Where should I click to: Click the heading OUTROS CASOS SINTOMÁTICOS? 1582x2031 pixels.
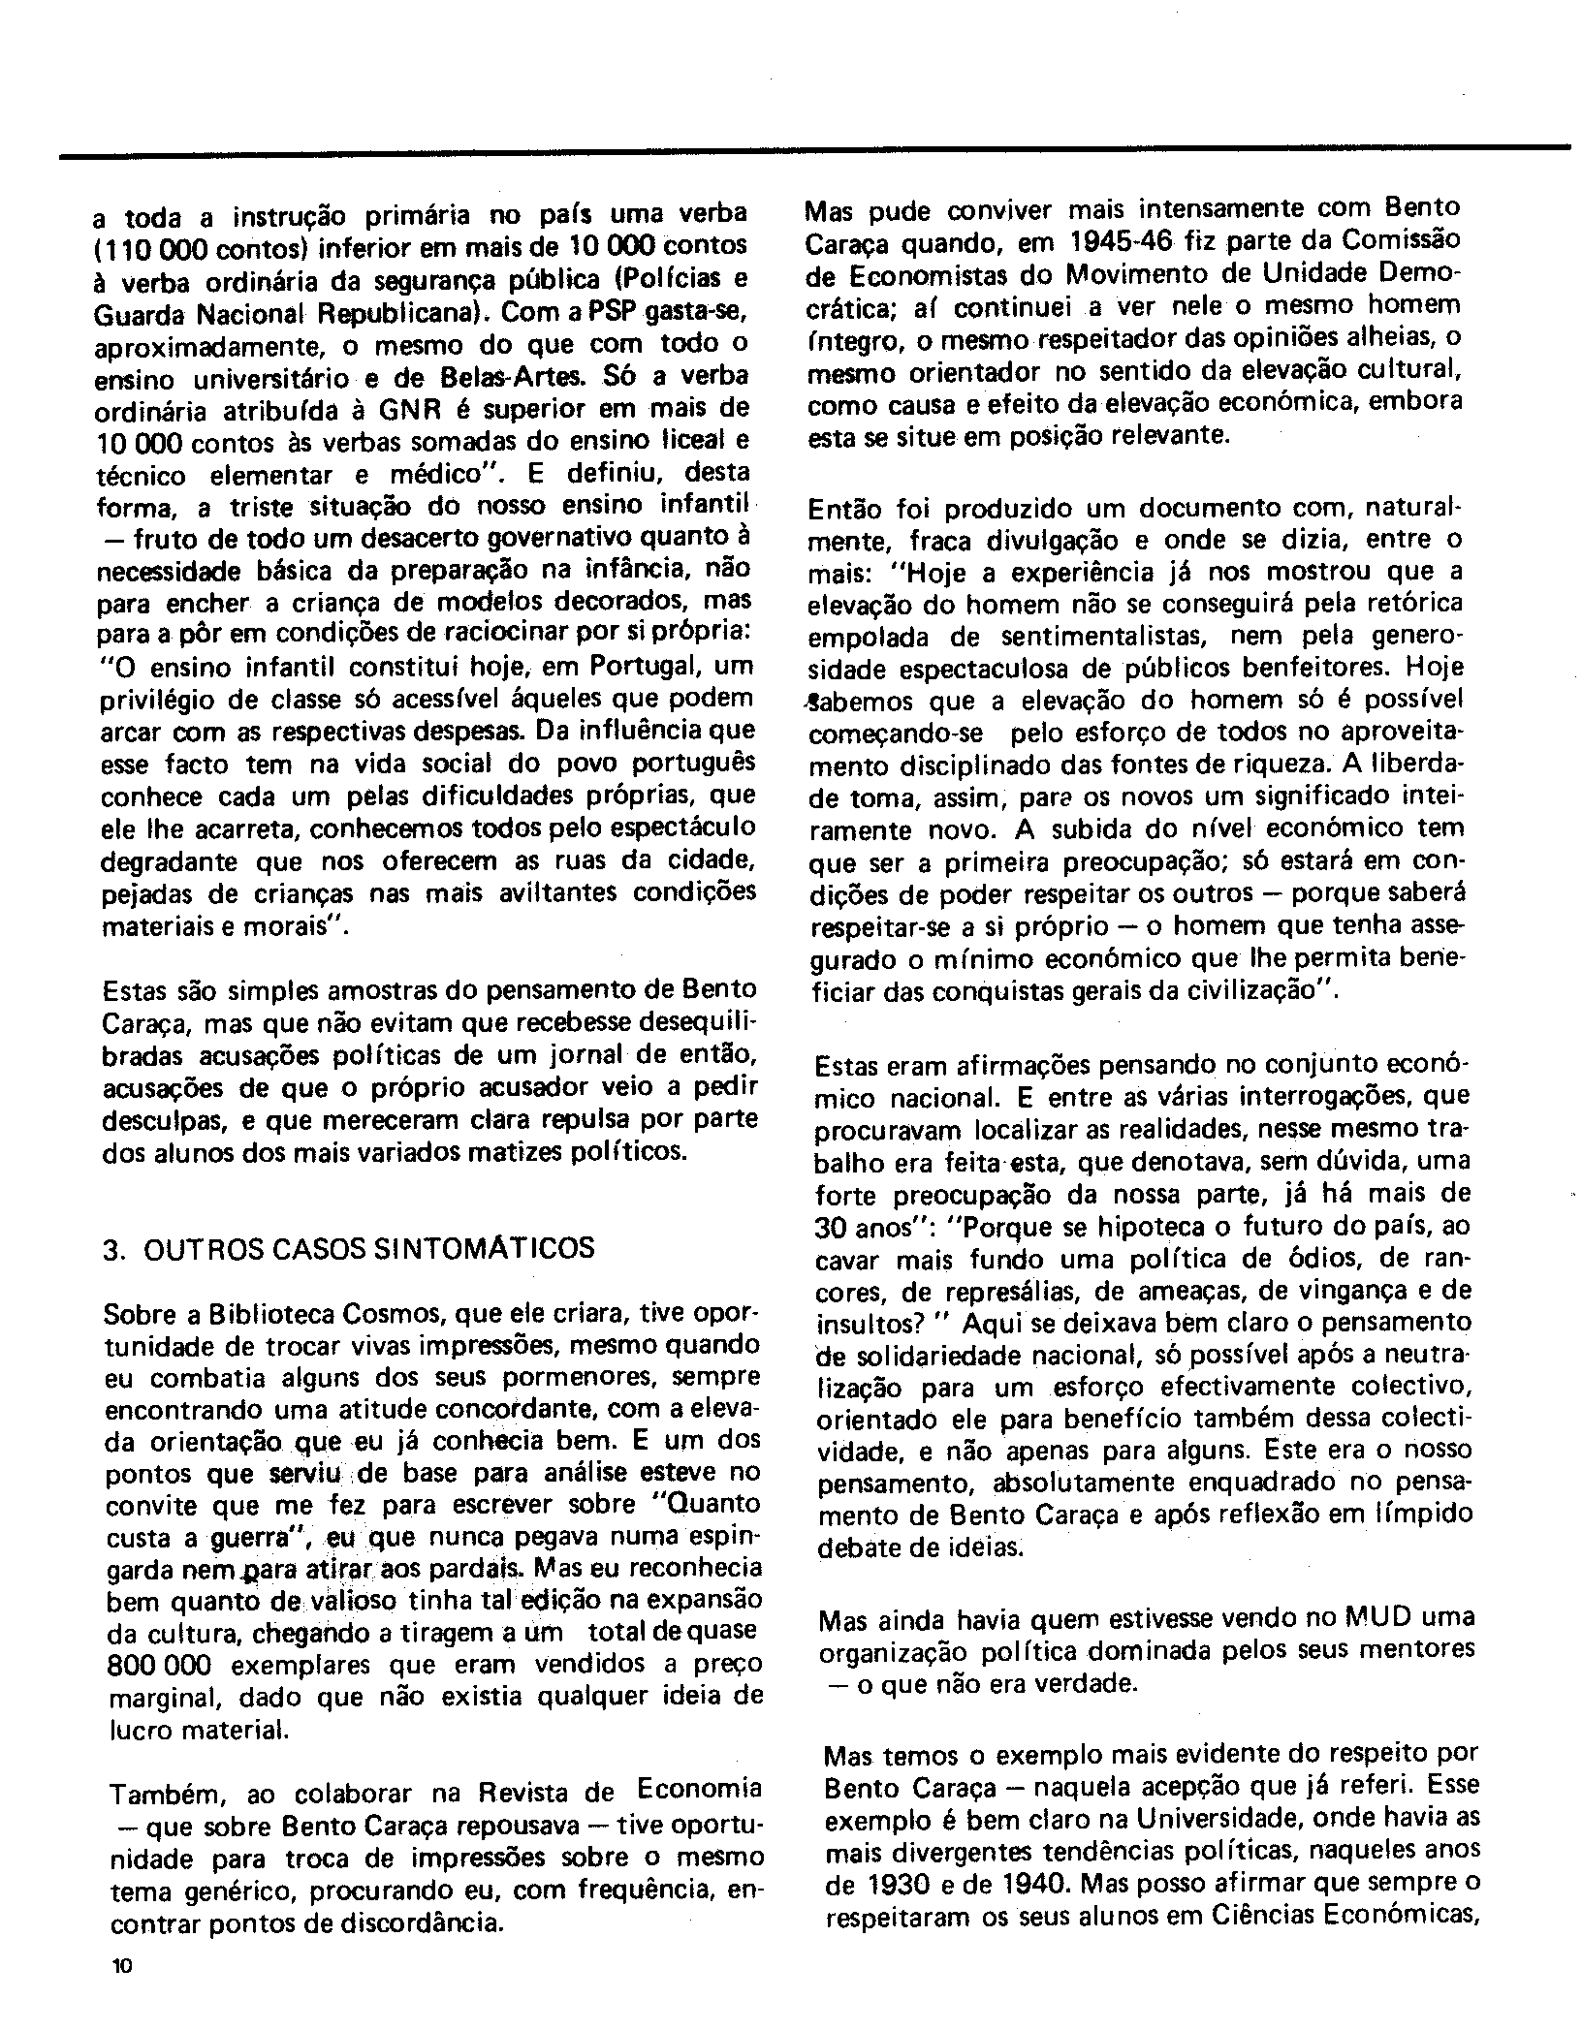click(368, 1248)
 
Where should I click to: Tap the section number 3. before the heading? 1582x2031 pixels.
click(113, 1248)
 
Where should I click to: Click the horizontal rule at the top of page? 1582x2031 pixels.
click(814, 149)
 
